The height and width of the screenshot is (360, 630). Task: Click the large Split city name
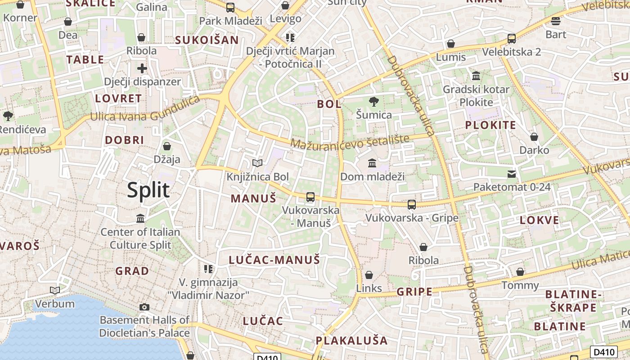[x=148, y=190]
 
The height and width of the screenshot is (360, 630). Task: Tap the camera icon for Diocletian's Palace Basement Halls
[x=144, y=307]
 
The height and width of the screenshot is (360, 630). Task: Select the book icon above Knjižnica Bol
[x=257, y=163]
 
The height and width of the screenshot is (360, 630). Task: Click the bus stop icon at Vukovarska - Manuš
[x=310, y=197]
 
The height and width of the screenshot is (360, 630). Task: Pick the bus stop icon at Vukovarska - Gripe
[x=411, y=205]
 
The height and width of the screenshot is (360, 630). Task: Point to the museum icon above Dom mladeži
[x=372, y=163]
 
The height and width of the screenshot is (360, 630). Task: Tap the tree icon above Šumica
[x=373, y=101]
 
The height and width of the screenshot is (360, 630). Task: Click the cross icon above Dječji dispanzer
[x=142, y=68]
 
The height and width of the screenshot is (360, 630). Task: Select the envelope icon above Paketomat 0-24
[x=512, y=174]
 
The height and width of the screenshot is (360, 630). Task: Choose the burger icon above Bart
[x=556, y=21]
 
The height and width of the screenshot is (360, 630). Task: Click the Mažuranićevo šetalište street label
[x=350, y=141]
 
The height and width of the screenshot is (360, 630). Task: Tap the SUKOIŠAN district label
[x=207, y=40]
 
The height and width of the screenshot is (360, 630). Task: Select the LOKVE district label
[x=540, y=220]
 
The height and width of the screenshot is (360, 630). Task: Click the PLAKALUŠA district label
[x=351, y=340]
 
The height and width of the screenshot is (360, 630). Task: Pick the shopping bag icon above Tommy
[x=520, y=272]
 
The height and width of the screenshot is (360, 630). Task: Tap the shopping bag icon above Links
[x=369, y=274]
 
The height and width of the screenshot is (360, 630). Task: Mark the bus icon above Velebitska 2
[x=512, y=39]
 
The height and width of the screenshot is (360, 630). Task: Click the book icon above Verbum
[x=55, y=291]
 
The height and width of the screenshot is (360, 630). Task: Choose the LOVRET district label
[x=118, y=99]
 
